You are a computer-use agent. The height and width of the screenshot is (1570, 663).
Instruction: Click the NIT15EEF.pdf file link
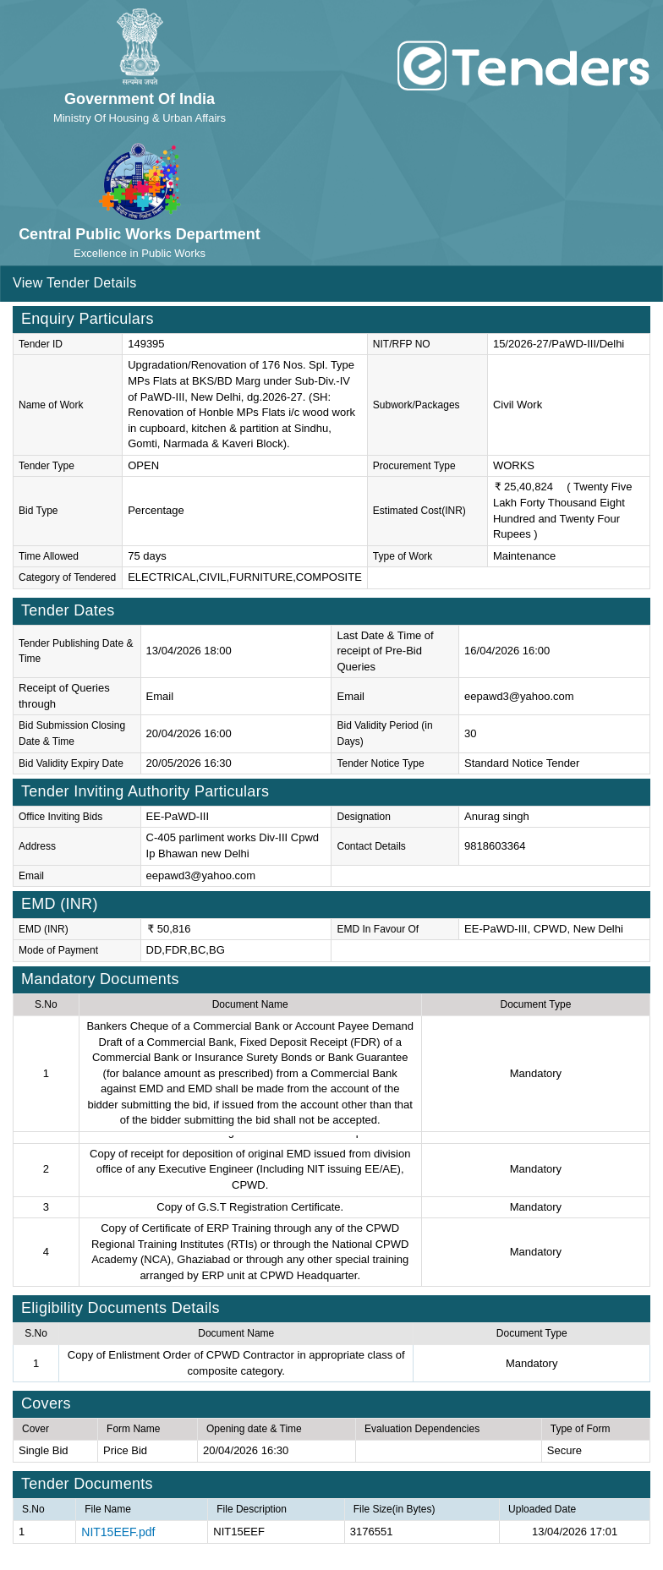[x=118, y=1531]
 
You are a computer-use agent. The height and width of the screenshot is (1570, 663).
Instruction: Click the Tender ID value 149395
[x=146, y=344]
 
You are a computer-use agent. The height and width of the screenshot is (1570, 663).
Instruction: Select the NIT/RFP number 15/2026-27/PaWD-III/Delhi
[x=558, y=344]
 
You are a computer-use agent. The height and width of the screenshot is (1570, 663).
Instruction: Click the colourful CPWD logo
[x=140, y=180]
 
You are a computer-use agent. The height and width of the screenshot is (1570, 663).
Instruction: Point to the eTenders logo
[x=523, y=66]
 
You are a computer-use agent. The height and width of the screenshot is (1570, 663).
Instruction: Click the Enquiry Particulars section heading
[x=87, y=319]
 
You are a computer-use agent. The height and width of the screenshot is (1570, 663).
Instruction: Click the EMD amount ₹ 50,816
[x=169, y=928]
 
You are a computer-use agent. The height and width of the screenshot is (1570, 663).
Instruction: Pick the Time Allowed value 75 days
[x=147, y=556]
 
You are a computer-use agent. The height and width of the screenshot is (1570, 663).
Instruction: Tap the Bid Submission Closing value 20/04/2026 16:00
[x=189, y=733]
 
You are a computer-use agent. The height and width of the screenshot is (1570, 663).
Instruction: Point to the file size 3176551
[x=371, y=1531]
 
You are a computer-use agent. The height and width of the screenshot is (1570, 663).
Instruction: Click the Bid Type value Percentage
[x=156, y=511]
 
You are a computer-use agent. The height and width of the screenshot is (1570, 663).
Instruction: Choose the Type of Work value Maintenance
[x=524, y=556]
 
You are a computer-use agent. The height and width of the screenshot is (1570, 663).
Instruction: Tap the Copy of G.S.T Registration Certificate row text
[x=249, y=1207]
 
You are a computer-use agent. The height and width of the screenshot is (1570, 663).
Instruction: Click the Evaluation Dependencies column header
[x=422, y=1429]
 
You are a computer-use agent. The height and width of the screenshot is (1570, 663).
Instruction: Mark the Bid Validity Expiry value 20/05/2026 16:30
[x=189, y=763]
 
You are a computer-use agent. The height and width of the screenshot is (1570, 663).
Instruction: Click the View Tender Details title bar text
[x=74, y=283]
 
